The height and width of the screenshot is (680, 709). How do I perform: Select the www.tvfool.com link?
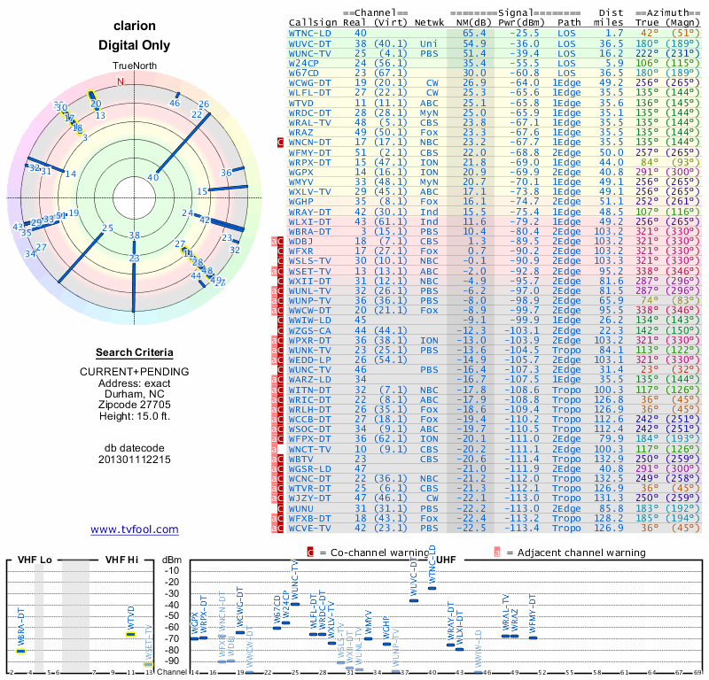point(135,529)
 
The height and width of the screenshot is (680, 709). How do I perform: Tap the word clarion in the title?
point(135,26)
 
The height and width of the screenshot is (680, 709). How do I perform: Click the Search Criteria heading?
point(135,352)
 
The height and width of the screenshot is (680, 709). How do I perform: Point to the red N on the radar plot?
point(121,81)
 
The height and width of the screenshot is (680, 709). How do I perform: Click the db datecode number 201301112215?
point(135,460)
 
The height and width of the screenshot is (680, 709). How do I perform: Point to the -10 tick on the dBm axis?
point(172,570)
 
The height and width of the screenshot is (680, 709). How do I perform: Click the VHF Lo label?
point(35,560)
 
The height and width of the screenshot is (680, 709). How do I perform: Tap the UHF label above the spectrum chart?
point(448,560)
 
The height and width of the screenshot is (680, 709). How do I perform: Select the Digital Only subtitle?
point(135,45)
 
